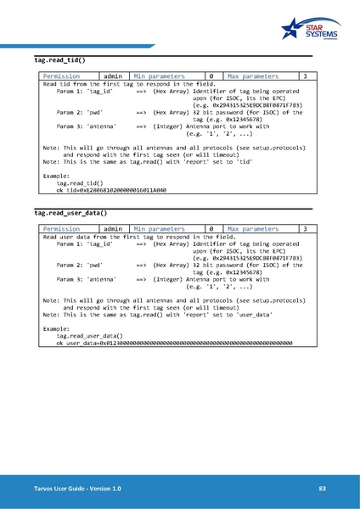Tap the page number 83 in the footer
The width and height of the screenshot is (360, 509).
(322, 489)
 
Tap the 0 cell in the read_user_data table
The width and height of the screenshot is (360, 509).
(210, 229)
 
